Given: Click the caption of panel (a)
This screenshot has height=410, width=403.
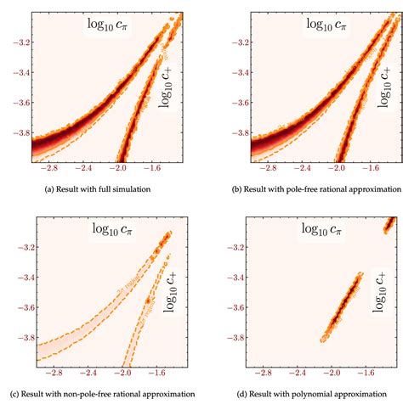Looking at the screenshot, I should (x=100, y=191).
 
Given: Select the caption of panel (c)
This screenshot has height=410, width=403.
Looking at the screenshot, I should (x=100, y=396).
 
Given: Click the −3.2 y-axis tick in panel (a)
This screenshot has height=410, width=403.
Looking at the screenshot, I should (x=16, y=42).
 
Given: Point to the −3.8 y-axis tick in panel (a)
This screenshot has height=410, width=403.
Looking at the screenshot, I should (x=16, y=133).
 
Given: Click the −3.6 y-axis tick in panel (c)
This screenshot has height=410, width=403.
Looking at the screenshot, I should (x=16, y=306).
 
